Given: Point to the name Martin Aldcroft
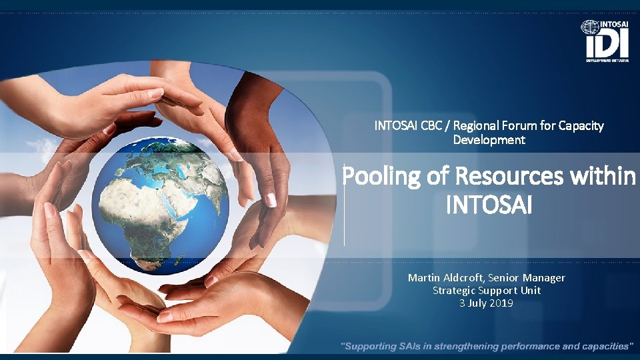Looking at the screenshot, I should [x=445, y=277].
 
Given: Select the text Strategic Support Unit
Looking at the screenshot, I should [x=487, y=290].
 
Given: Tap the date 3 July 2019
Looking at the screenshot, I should [x=487, y=303].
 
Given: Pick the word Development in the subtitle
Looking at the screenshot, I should [x=489, y=140].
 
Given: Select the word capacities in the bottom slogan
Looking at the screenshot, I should [x=603, y=346].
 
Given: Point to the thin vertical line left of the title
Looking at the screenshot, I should [x=344, y=203].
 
